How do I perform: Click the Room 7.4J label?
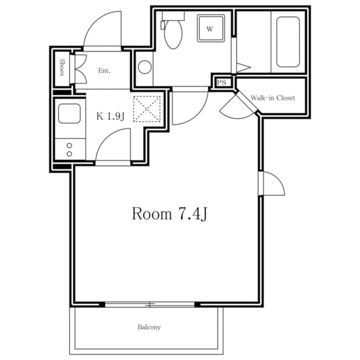(x=170, y=214)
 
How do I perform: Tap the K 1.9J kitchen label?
(x=111, y=117)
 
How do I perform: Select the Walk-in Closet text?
(x=273, y=98)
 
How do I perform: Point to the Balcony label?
(x=149, y=327)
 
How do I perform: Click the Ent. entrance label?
(x=104, y=71)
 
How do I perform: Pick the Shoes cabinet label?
(x=62, y=67)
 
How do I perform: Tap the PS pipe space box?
(x=222, y=83)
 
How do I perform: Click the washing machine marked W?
(x=211, y=28)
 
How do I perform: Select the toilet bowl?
(x=173, y=34)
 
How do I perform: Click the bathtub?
(x=288, y=42)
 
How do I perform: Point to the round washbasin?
(x=145, y=67)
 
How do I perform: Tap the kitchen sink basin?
(x=69, y=113)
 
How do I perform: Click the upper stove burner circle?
(x=69, y=146)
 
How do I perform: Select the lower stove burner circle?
(x=69, y=154)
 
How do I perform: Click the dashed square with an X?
(x=147, y=109)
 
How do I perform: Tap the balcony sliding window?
(x=150, y=305)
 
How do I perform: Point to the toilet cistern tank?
(x=173, y=16)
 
